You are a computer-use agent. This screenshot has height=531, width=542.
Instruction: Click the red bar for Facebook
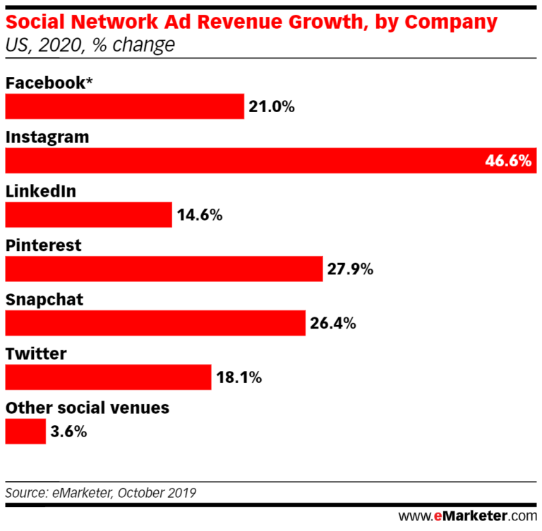[124, 106]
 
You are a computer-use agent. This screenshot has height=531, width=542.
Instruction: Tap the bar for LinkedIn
[88, 215]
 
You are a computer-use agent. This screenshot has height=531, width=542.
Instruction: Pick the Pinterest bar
[164, 269]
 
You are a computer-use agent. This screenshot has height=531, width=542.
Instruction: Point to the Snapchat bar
[155, 323]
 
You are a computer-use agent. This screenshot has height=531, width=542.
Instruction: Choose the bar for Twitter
[108, 377]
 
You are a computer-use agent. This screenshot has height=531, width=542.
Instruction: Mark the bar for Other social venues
[25, 432]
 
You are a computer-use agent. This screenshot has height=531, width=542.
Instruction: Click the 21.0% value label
[271, 107]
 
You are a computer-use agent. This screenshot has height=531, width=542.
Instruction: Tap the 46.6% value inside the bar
[507, 161]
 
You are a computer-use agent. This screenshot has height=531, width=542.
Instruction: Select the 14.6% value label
[199, 215]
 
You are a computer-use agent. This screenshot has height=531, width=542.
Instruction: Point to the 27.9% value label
[349, 269]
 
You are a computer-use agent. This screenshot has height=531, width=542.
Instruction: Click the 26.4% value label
[332, 324]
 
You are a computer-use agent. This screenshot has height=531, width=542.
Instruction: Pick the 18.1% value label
[238, 378]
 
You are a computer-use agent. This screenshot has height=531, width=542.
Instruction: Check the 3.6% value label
[68, 432]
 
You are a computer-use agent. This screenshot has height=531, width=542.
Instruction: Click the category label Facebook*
[49, 83]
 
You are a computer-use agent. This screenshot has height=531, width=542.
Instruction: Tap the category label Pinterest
[43, 245]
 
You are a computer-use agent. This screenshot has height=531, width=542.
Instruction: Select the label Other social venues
[87, 408]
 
